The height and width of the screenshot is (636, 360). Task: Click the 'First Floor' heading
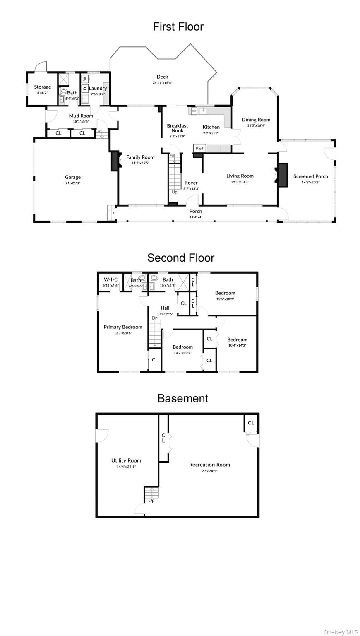point(178,27)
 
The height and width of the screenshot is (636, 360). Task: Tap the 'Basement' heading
point(182,398)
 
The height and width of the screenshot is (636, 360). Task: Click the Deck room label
point(162,77)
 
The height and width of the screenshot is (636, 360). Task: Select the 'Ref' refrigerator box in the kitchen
point(199,148)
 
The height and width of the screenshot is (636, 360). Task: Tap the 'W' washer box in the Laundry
point(85,78)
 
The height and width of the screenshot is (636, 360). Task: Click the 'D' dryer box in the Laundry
point(85,88)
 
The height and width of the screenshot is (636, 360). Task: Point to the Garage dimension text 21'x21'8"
point(72,183)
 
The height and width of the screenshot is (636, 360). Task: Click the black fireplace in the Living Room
point(283,175)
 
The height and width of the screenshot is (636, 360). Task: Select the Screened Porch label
point(310,176)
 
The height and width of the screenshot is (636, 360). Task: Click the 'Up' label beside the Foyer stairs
point(175,192)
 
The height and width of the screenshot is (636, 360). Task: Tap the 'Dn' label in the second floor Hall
point(154,318)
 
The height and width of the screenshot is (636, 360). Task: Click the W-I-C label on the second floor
point(110,279)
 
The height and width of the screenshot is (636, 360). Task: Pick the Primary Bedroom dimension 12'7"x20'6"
point(123,332)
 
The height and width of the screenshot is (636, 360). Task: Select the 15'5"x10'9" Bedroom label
point(225,293)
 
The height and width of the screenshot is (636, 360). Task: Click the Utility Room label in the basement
point(126,460)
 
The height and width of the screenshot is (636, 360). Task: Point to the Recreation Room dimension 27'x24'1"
point(209,471)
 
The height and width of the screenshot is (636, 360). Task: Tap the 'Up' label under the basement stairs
point(151,501)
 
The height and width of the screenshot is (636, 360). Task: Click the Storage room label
point(43,87)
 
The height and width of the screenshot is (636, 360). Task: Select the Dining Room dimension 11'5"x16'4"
point(256,125)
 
